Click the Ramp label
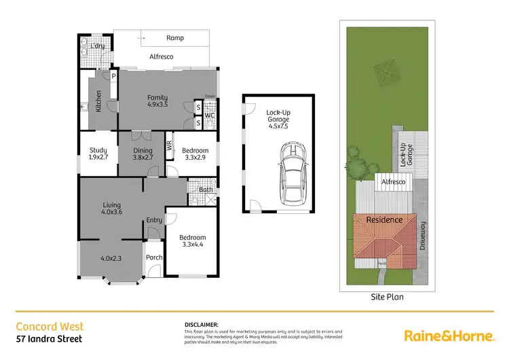click(x=175, y=38)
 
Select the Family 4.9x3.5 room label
click(x=157, y=101)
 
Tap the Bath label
click(x=206, y=190)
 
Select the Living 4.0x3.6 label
click(x=111, y=208)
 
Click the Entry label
click(x=154, y=219)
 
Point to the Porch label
click(x=154, y=257)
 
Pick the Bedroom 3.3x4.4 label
click(x=191, y=242)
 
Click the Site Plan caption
click(x=388, y=297)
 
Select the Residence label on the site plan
click(x=384, y=219)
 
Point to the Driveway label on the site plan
click(x=422, y=236)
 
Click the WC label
click(x=210, y=115)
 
